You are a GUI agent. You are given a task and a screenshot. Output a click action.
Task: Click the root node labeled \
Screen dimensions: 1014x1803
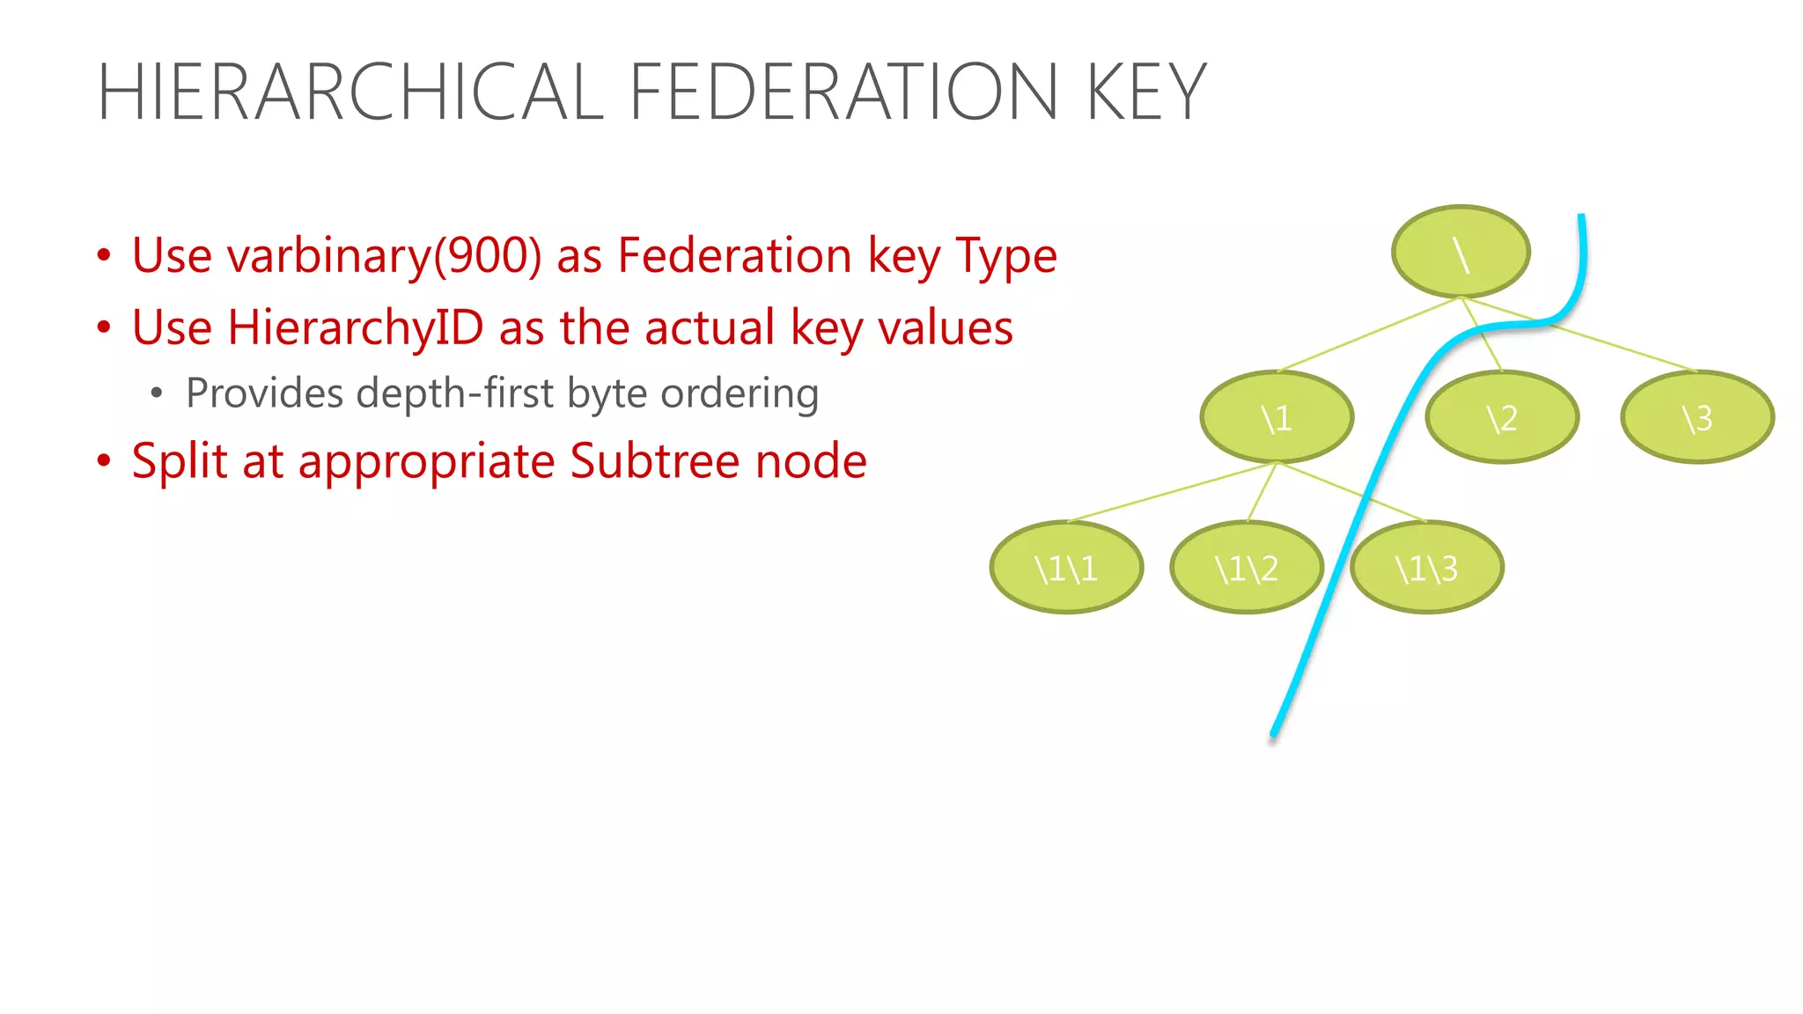tap(1461, 253)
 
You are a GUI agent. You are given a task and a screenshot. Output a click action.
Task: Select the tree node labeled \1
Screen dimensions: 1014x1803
tap(1276, 417)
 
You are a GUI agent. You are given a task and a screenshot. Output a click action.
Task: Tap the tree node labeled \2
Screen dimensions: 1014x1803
tap(1501, 417)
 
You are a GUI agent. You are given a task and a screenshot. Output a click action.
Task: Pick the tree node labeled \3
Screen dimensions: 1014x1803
tap(1696, 417)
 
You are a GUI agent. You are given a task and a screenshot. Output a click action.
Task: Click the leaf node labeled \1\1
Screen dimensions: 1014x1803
tap(1066, 568)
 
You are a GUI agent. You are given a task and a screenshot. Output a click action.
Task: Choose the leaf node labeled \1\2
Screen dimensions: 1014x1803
tap(1246, 568)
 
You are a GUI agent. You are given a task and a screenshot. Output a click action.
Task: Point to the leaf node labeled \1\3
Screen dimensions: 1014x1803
tap(1426, 568)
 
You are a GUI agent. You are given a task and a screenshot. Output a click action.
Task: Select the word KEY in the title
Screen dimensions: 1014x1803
tap(1146, 92)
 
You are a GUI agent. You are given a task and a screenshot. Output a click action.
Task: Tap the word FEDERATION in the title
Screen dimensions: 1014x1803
tap(843, 92)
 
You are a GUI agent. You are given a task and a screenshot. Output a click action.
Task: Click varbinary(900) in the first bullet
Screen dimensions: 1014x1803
tap(384, 256)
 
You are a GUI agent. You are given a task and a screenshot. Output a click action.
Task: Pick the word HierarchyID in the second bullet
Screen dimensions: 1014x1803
tap(356, 327)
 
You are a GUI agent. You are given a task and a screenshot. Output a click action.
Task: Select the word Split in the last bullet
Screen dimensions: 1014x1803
tap(180, 461)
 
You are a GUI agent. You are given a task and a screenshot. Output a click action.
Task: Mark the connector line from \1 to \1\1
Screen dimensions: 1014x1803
tap(1171, 492)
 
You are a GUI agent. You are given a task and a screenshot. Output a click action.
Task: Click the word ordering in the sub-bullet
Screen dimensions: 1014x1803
tap(740, 393)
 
